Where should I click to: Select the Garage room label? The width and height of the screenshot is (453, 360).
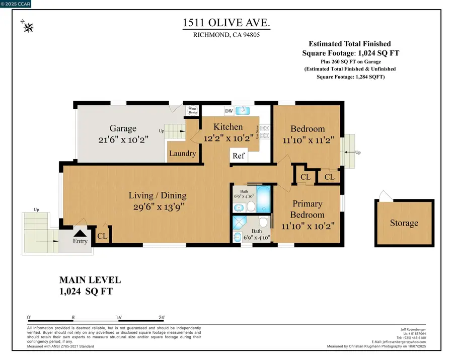(123, 128)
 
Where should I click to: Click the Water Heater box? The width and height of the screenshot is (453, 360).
(193, 110)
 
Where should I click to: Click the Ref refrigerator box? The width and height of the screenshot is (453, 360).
(239, 156)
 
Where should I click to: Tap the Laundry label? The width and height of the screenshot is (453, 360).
(182, 153)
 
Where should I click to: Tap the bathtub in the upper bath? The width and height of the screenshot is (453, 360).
(263, 201)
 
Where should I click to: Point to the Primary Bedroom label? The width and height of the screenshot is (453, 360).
(300, 209)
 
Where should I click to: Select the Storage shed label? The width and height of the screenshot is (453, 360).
(404, 223)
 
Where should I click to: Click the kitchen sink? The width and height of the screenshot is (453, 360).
(244, 110)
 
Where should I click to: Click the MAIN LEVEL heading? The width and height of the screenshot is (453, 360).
(90, 280)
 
